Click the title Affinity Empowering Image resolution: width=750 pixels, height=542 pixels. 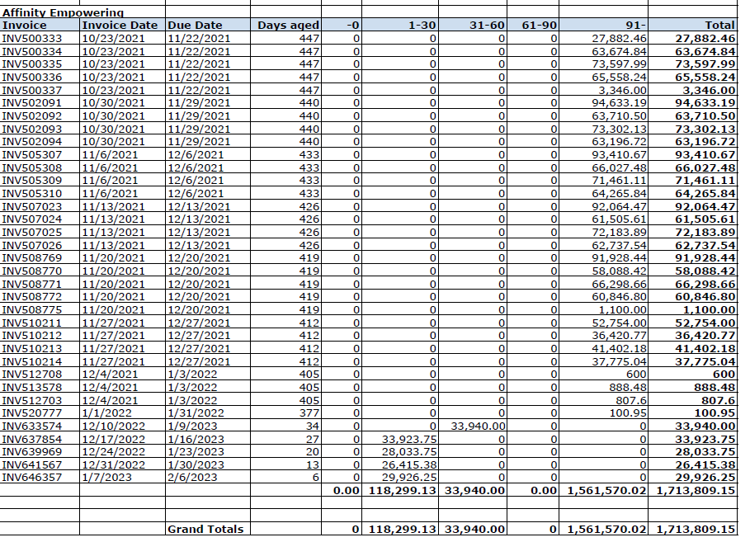pyautogui.click(x=63, y=12)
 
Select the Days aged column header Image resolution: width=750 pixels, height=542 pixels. pyautogui.click(x=288, y=26)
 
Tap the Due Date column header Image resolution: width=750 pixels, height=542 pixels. pyautogui.click(x=195, y=26)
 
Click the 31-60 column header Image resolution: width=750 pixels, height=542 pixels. pyautogui.click(x=487, y=26)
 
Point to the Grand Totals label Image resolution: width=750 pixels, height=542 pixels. pyautogui.click(x=205, y=529)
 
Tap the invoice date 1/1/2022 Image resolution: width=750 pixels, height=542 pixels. pyautogui.click(x=107, y=412)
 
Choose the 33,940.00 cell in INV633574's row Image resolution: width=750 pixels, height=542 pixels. pyautogui.click(x=477, y=426)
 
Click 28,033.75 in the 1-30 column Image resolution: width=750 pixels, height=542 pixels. pyautogui.click(x=409, y=451)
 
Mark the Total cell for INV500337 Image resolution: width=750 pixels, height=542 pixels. pyautogui.click(x=704, y=90)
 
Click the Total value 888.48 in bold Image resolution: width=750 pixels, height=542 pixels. pyautogui.click(x=714, y=387)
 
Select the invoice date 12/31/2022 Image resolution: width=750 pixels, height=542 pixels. pyautogui.click(x=114, y=464)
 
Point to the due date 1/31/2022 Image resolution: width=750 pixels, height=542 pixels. pyautogui.click(x=196, y=412)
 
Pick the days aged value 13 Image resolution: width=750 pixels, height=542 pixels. pyautogui.click(x=312, y=464)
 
